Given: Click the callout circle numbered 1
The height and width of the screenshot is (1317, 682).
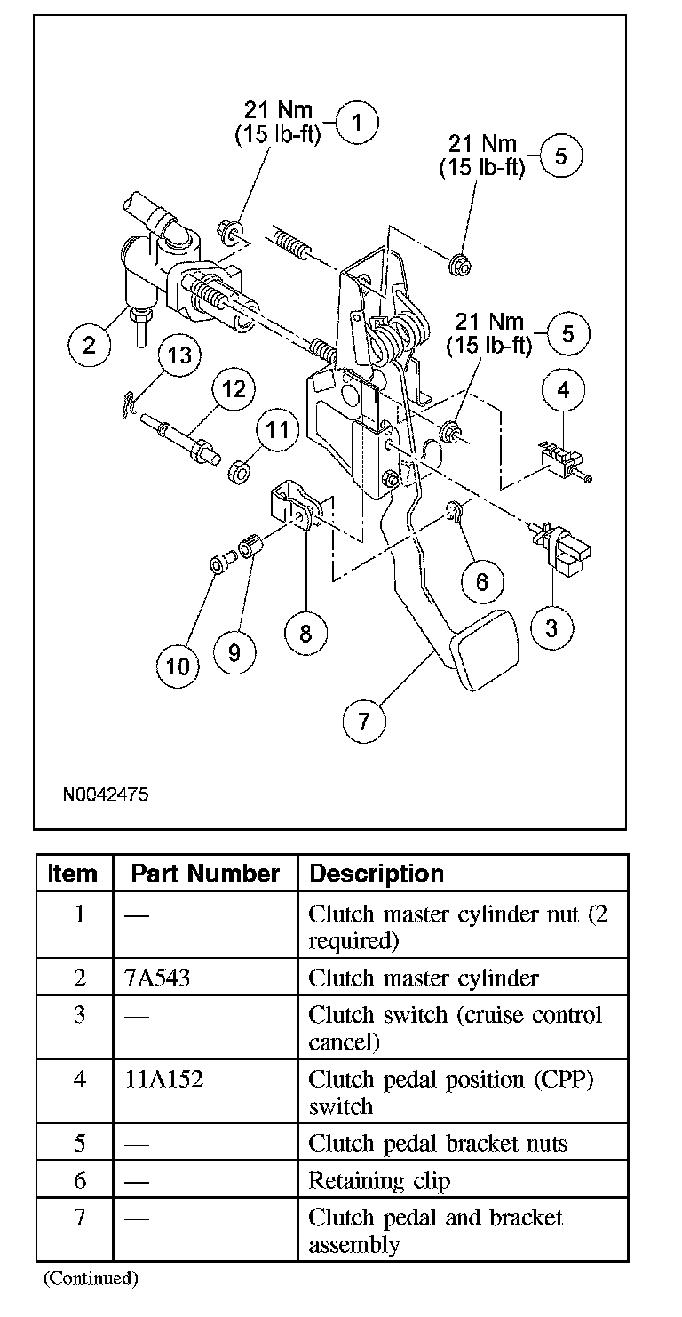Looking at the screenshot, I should coord(357,124).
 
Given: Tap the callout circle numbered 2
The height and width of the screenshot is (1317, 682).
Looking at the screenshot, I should coord(90,344).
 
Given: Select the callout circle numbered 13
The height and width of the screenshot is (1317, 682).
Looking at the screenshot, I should coord(180,355).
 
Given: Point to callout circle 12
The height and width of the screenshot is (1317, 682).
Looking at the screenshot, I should coord(233,388).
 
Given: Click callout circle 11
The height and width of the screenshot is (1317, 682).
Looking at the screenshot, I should coord(278,431).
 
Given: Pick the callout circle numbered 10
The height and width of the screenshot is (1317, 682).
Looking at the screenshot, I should coord(178,665).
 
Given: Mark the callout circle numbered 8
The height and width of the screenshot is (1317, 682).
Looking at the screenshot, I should coord(305,633).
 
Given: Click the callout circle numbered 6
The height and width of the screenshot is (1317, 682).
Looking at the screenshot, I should coord(482,582).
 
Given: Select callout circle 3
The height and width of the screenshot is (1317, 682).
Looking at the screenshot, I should coord(552,628).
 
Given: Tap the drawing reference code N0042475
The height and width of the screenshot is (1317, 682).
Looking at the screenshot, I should coord(105,794).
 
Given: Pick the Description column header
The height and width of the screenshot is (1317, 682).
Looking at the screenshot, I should coord(377,874).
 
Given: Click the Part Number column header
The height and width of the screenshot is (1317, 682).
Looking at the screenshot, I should coord(205,874).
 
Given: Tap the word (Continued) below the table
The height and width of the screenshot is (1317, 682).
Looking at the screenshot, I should coord(91,1279).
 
